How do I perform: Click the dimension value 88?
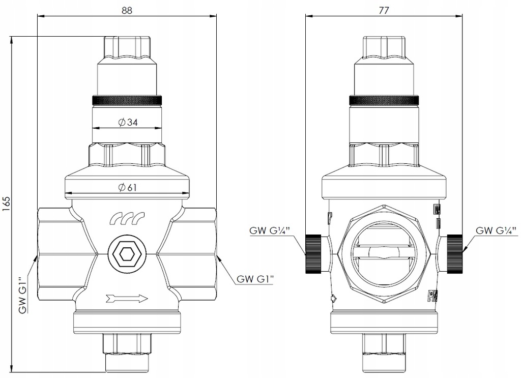coord(127,10)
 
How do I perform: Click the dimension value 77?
coord(384,10)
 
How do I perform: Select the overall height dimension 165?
coord(7,203)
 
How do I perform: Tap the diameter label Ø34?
coord(128,123)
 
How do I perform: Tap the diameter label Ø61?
coord(127,188)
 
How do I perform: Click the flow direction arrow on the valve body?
coord(127,299)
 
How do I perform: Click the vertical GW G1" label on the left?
coord(22,296)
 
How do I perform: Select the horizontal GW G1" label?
coord(255,279)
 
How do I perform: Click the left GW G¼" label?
coord(270,230)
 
